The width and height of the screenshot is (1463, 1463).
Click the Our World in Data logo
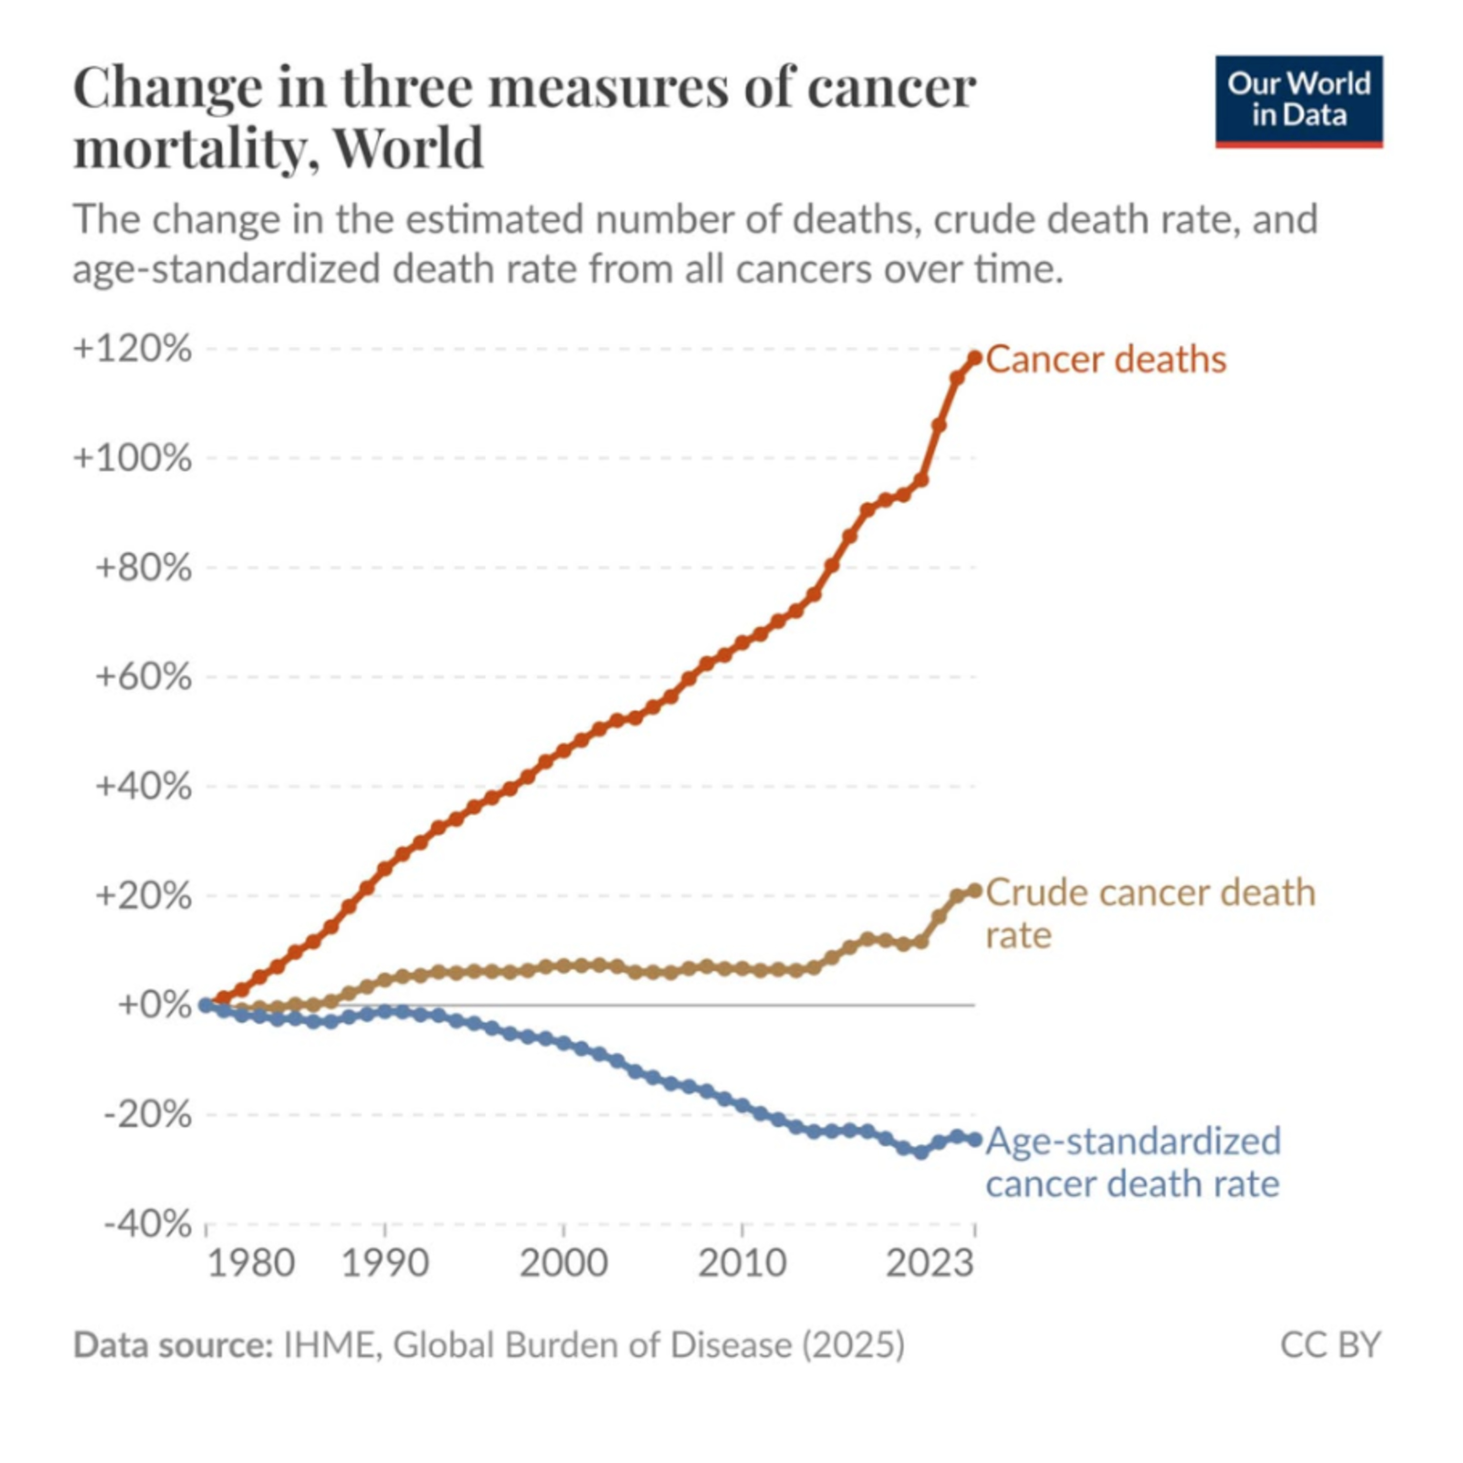pos(1299,101)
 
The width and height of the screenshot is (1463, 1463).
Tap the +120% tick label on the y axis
pos(133,350)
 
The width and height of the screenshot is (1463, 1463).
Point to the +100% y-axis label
pos(133,458)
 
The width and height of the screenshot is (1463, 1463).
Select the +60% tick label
pos(143,676)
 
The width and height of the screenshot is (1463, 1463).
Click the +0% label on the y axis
pos(155,1005)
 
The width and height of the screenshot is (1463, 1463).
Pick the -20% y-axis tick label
pos(148,1114)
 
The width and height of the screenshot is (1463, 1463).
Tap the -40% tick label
pos(148,1223)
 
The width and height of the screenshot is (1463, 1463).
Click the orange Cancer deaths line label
pos(1106,359)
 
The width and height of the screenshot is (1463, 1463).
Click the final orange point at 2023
pos(974,358)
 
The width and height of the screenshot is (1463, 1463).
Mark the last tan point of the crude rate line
pos(974,890)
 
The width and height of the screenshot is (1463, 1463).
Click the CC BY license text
pos(1330,1345)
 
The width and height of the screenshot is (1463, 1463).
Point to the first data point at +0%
pos(205,1005)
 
